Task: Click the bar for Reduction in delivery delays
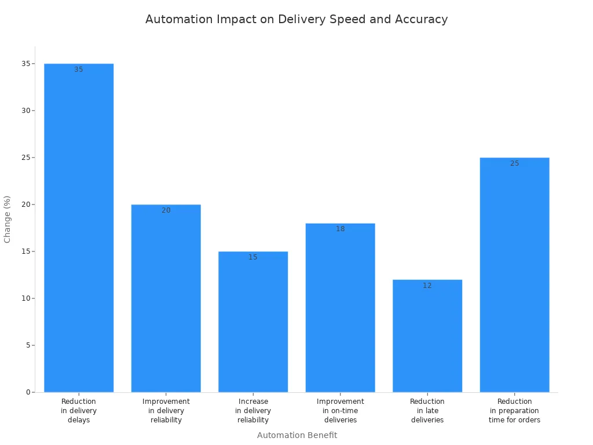tap(79, 232)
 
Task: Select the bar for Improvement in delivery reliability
tap(166, 301)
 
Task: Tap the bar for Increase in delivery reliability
tap(253, 324)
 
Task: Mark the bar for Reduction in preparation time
tap(514, 278)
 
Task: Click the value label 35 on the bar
tap(79, 70)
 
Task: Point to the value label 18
tap(341, 229)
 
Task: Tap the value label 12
tap(427, 286)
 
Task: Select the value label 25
tap(514, 163)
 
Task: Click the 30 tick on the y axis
tap(25, 111)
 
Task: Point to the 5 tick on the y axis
tap(27, 345)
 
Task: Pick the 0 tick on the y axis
tap(27, 392)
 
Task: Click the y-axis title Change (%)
tap(8, 219)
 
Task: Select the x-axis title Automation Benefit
tap(296, 435)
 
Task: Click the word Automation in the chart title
tap(179, 19)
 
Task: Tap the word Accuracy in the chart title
tap(421, 19)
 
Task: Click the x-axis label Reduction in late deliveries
tap(427, 411)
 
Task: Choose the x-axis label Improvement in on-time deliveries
tap(341, 411)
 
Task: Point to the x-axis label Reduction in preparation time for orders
tap(514, 411)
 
